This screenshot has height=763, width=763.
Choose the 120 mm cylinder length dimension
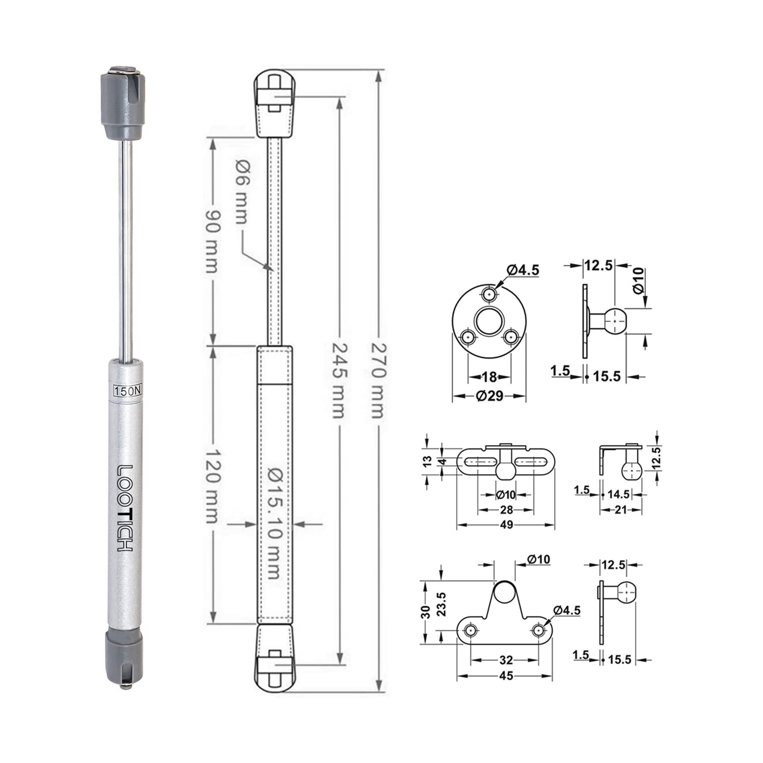212,486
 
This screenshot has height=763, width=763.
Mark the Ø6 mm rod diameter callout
243,192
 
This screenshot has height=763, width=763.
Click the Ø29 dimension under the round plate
490,396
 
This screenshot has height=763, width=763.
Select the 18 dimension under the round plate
489,377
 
